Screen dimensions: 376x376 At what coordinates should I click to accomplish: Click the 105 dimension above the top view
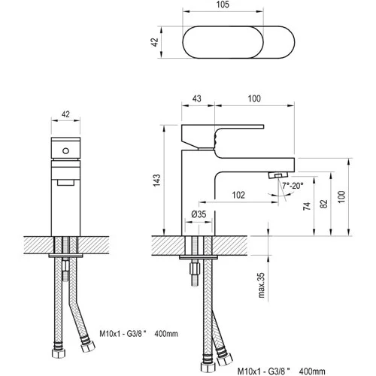(x=223, y=5)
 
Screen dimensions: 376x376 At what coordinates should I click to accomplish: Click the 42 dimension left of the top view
(x=155, y=42)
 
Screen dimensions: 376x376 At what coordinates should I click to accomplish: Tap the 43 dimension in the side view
(x=197, y=99)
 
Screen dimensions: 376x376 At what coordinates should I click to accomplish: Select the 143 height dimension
(x=156, y=180)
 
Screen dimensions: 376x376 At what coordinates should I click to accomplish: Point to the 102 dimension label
(x=238, y=195)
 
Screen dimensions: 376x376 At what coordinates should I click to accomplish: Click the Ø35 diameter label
(x=199, y=214)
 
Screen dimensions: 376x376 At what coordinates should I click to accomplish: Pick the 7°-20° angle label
(x=293, y=186)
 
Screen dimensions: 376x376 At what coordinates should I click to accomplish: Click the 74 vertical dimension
(x=307, y=206)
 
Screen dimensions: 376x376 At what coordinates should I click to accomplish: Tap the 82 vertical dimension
(x=324, y=204)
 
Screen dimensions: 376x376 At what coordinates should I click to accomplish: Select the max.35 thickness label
(x=261, y=285)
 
